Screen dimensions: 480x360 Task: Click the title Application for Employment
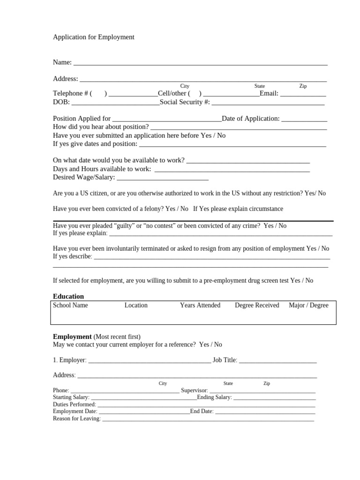pos(93,37)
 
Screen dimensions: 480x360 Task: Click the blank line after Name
pos(200,63)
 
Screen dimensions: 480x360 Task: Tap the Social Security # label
pos(185,102)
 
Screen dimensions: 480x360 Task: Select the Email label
pos(269,93)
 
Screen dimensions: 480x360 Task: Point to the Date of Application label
pos(251,119)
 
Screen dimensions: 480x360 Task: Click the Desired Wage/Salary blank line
pos(162,178)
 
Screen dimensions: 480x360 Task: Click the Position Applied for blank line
pos(167,119)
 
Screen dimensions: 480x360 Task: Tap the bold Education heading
pos(68,296)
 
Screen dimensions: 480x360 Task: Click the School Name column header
pos(70,305)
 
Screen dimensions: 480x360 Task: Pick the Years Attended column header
pos(200,305)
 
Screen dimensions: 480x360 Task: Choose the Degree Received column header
pos(257,305)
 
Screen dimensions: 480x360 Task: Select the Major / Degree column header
pos(308,305)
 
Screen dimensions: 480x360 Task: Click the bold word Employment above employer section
pos(72,337)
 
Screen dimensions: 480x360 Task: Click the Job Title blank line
pos(277,360)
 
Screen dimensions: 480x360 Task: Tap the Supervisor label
pos(194,390)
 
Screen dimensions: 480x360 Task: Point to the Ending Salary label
pos(214,397)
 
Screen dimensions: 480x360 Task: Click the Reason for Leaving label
pos(77,419)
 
